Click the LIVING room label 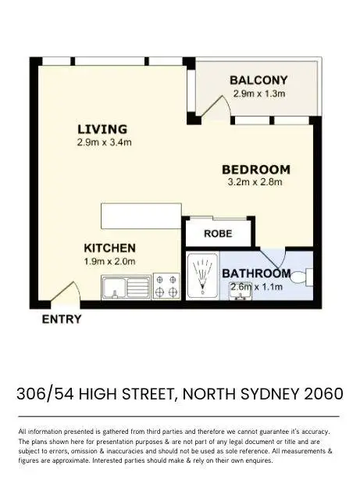tap(102, 129)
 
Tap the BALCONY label tap(259, 80)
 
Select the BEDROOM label tap(255, 169)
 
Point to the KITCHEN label tap(110, 247)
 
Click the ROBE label tap(217, 233)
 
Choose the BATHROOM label tap(256, 274)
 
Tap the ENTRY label tap(60, 319)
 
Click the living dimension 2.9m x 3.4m tap(104, 142)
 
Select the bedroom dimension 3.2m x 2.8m tap(255, 183)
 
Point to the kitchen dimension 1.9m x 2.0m tap(110, 262)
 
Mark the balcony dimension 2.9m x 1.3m tap(258, 94)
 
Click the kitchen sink tap(125, 287)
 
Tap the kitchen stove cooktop tap(166, 286)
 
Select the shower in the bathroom tap(203, 278)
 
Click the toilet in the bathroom tap(308, 275)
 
